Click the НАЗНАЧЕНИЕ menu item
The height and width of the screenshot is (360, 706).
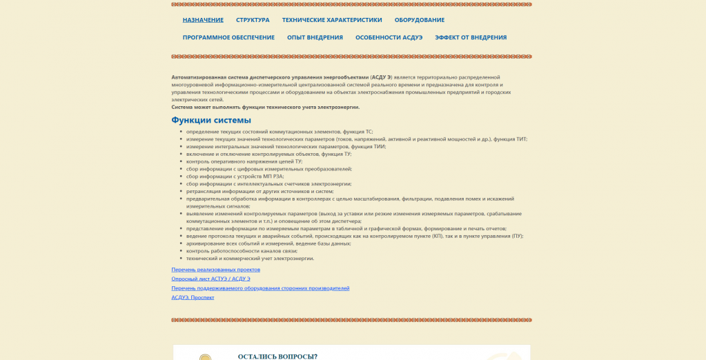click(x=203, y=20)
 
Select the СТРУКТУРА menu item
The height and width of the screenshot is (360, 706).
click(x=253, y=20)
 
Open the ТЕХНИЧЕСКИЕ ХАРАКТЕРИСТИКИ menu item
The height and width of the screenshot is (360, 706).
click(x=332, y=20)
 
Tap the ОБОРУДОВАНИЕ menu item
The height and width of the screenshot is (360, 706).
click(x=420, y=20)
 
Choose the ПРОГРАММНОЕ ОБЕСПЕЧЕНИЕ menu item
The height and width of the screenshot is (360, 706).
click(x=228, y=37)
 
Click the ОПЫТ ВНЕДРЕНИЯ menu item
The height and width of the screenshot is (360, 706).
click(x=315, y=37)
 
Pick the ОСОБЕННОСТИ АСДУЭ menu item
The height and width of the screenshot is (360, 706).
click(x=389, y=37)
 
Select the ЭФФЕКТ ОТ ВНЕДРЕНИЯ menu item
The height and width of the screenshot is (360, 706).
click(x=471, y=37)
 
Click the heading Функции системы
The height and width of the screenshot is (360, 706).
click(x=211, y=120)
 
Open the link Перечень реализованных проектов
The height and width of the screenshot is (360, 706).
click(x=215, y=269)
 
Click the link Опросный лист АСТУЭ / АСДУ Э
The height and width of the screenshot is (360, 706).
click(x=210, y=279)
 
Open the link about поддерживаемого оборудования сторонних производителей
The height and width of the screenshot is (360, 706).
click(x=260, y=288)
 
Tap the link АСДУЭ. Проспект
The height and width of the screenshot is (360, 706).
click(x=193, y=297)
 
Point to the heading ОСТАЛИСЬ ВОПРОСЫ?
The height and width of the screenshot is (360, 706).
click(x=277, y=356)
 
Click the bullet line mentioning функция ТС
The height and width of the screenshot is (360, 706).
click(x=280, y=131)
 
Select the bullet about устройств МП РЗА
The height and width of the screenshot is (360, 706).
click(x=235, y=176)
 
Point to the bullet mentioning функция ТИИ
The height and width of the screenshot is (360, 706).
click(x=286, y=146)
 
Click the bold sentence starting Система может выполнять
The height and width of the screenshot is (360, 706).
click(x=266, y=107)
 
